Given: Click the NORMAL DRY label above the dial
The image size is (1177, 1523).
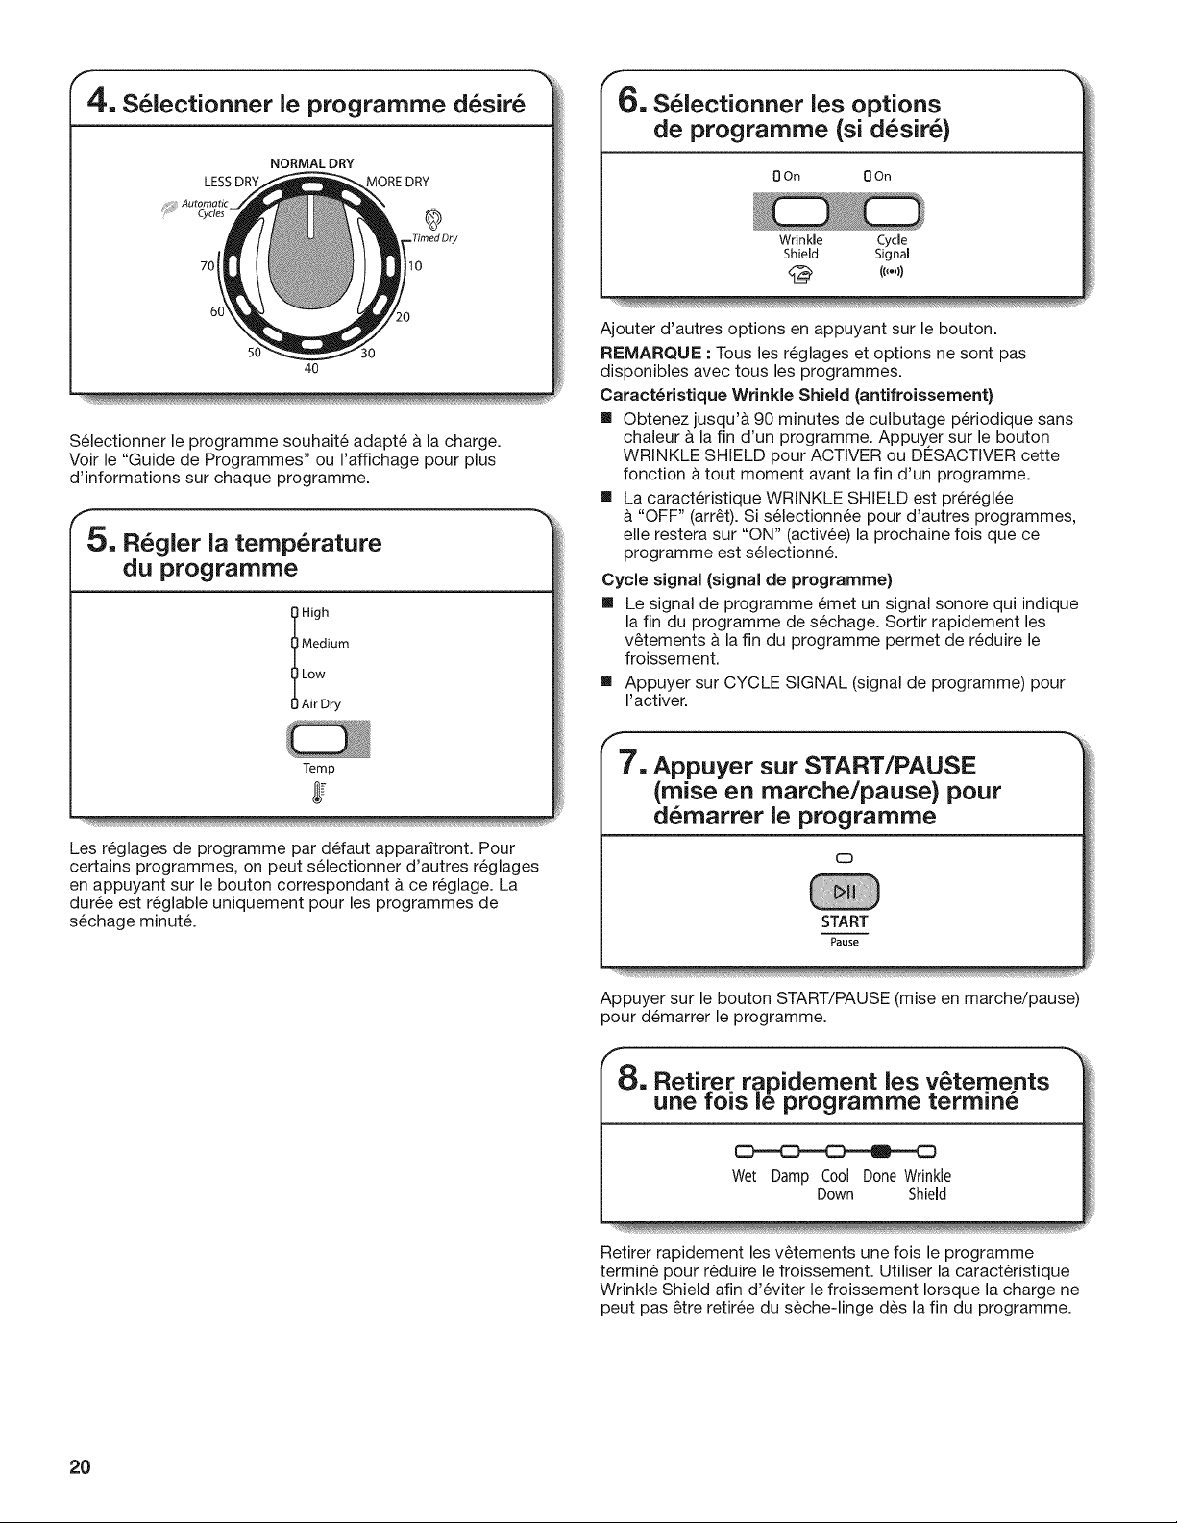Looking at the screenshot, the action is click(x=311, y=163).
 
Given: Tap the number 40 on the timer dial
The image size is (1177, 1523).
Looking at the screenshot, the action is click(x=311, y=369).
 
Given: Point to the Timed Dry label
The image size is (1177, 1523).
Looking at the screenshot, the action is click(x=434, y=238).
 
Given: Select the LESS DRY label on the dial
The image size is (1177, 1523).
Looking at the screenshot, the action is click(x=232, y=183).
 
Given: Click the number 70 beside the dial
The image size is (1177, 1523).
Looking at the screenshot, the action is click(x=208, y=265).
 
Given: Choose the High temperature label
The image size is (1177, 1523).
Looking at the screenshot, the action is click(x=314, y=613).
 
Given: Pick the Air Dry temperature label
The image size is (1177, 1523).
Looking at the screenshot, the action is click(x=321, y=703).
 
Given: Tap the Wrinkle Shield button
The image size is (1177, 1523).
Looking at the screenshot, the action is click(x=799, y=209).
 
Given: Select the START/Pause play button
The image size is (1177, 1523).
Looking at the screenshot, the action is click(x=845, y=892).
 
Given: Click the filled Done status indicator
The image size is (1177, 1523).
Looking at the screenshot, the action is click(x=881, y=1151).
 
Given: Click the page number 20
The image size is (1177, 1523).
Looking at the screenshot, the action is click(x=80, y=1467).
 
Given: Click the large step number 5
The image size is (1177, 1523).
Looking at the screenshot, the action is click(x=99, y=539).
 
